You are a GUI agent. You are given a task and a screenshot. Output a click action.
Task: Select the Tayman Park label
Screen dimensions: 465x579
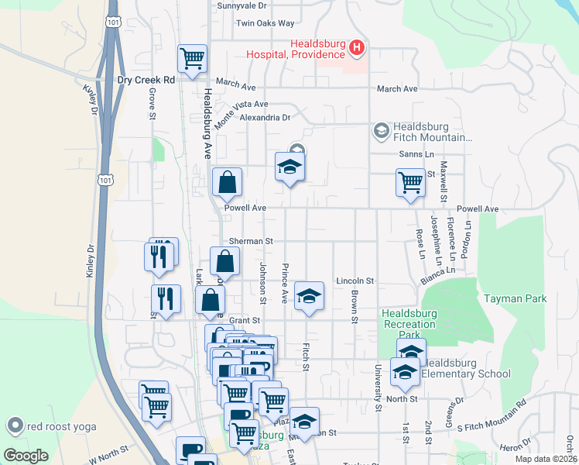515,298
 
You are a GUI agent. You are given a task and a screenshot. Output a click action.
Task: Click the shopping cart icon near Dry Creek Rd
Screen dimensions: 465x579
192,58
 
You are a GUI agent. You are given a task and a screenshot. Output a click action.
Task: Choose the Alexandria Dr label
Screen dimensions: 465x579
265,118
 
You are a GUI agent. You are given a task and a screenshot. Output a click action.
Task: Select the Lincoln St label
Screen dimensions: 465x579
355,281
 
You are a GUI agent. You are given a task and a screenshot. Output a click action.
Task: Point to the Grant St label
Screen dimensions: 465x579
244,320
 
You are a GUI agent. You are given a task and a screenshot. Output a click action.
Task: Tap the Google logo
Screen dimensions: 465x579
26,455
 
